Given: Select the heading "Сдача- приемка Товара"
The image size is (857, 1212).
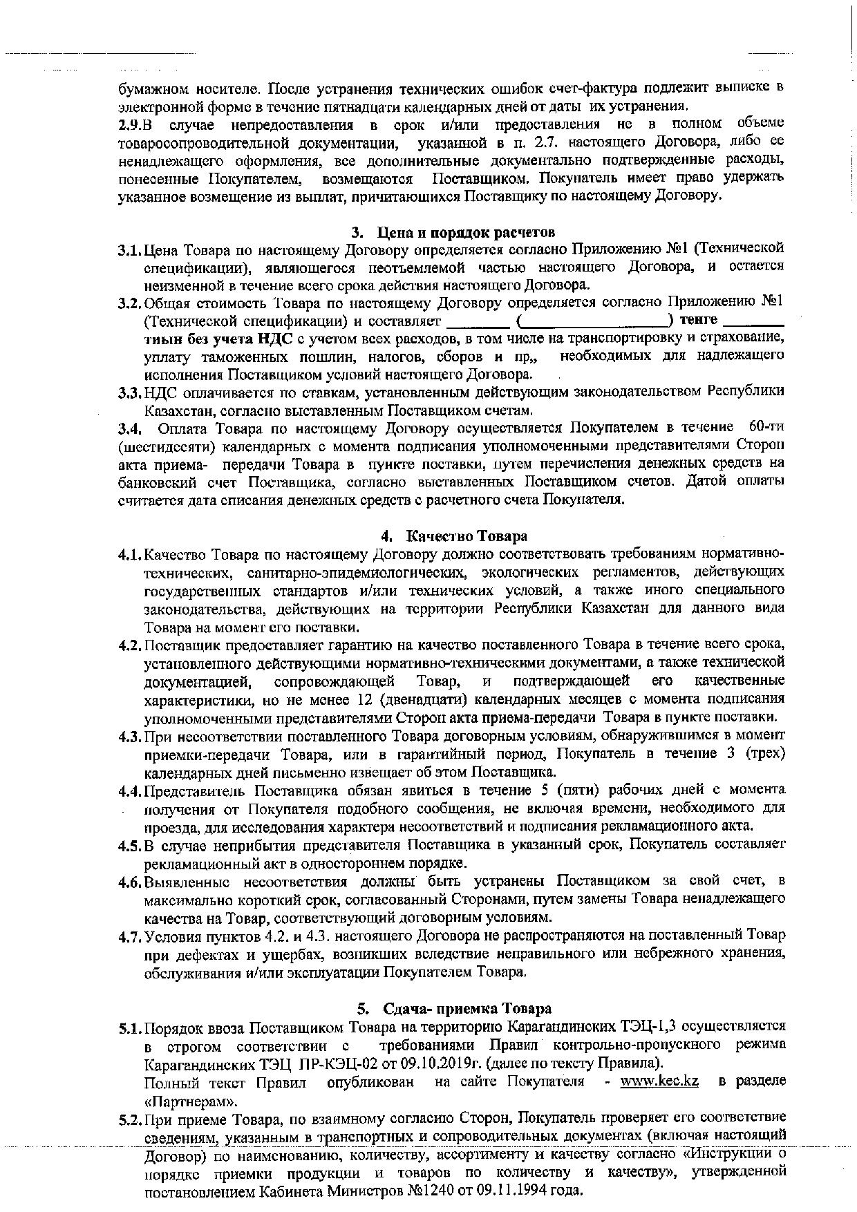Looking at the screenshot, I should (x=467, y=1008).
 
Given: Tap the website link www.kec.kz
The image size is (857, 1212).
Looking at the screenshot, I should (x=659, y=1081).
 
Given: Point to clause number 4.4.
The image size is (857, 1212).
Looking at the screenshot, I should (x=130, y=790).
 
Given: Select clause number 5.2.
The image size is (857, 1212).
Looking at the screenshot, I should (x=130, y=1118).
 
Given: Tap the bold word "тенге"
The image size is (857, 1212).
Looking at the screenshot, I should (x=699, y=321).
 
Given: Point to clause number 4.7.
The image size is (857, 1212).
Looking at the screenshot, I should (x=130, y=936).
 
